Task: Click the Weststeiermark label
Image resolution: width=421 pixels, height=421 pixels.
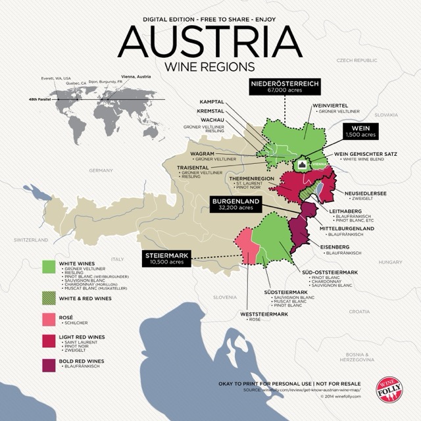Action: point(262,314)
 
